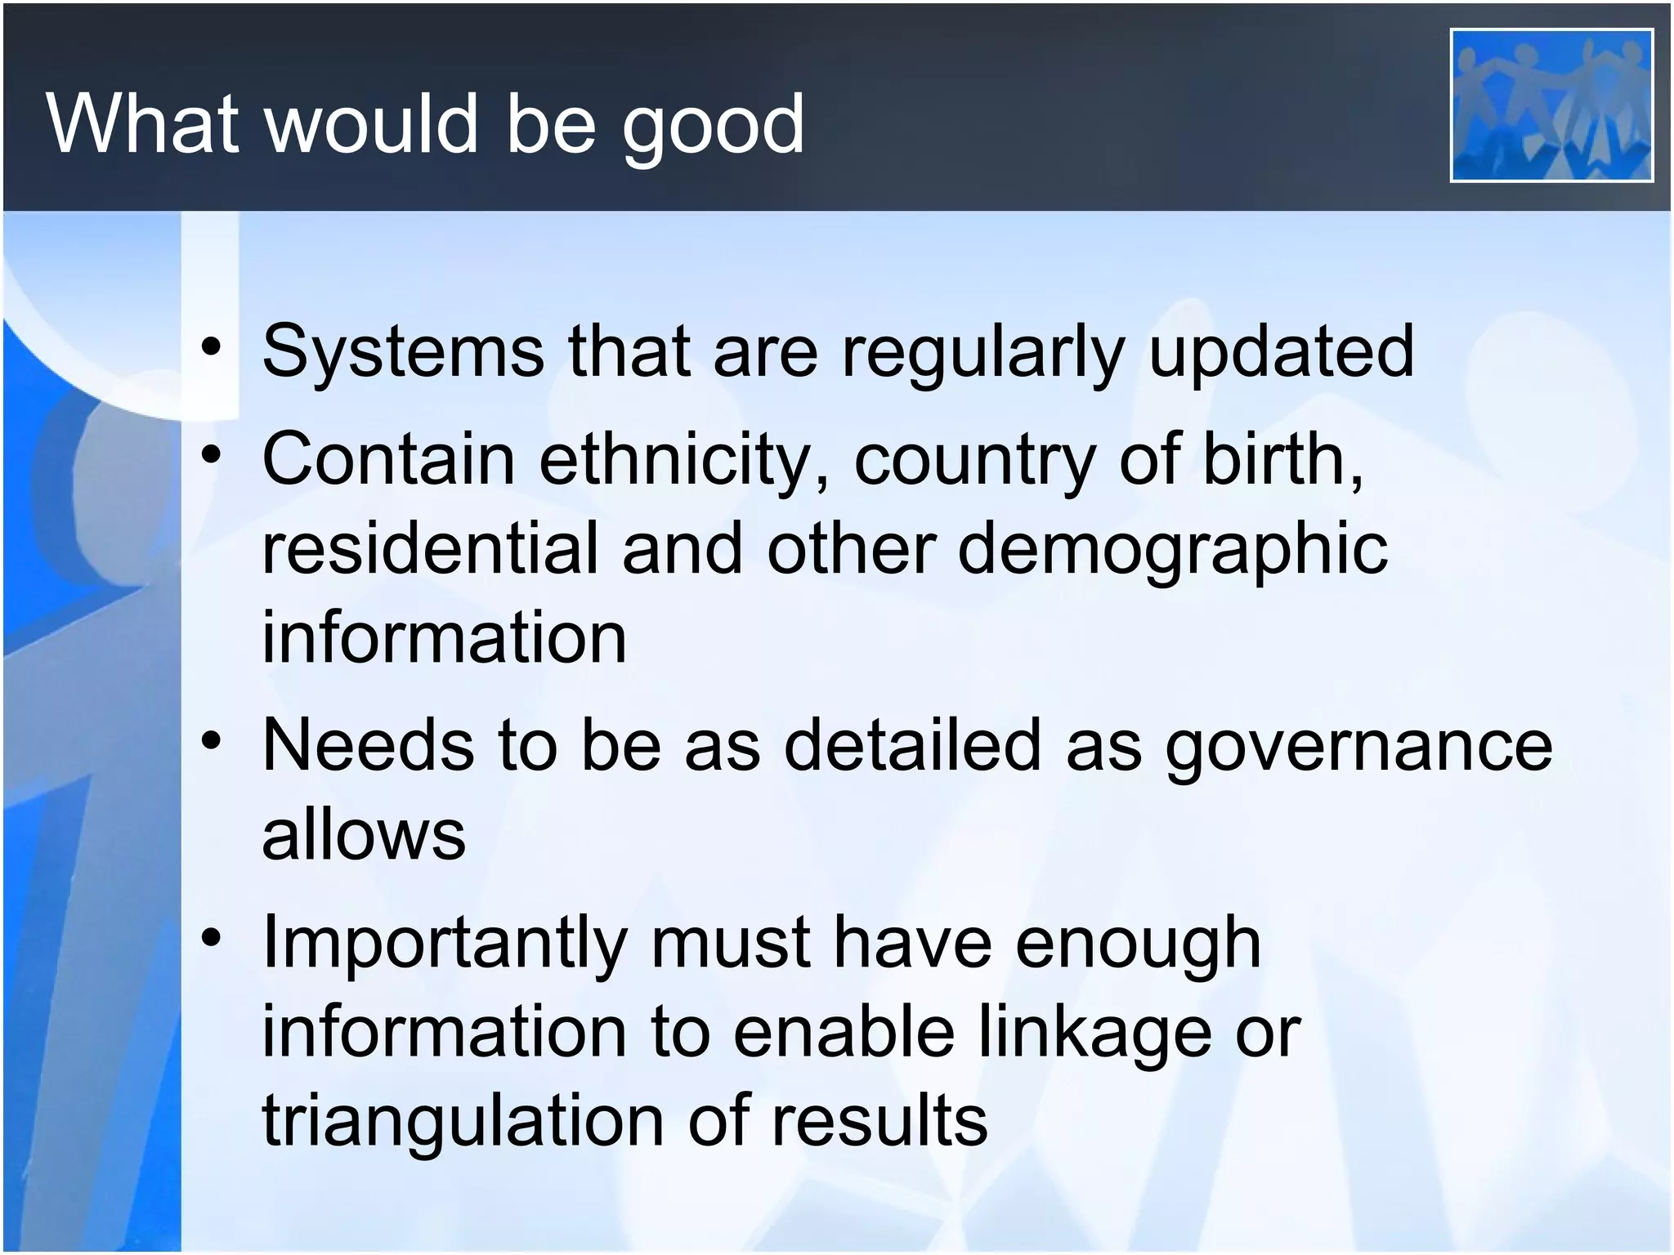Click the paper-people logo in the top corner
1551,105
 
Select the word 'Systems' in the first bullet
403,351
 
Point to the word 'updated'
1281,351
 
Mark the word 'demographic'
1173,549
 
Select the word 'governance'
1358,745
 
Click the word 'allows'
364,835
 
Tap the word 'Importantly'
445,943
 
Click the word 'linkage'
1095,1033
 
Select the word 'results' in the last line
880,1121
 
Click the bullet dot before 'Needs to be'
212,741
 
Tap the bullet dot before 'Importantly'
212,939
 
